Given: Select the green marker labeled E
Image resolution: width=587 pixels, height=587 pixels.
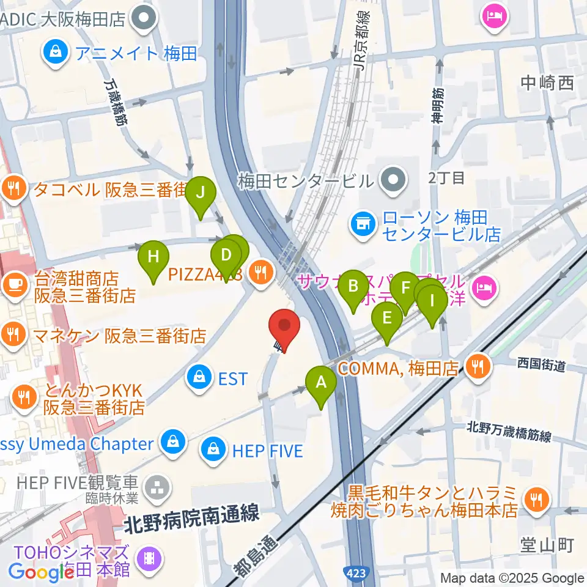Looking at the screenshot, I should pyautogui.click(x=387, y=318).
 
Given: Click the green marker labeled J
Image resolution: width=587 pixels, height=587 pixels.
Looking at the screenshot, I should pyautogui.click(x=201, y=193).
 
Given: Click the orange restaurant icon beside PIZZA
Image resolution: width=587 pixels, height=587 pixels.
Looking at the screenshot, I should pyautogui.click(x=262, y=273).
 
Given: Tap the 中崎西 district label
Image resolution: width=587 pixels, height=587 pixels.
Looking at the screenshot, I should pyautogui.click(x=548, y=83).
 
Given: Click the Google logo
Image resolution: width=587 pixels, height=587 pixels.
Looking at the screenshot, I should pyautogui.click(x=41, y=572).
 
